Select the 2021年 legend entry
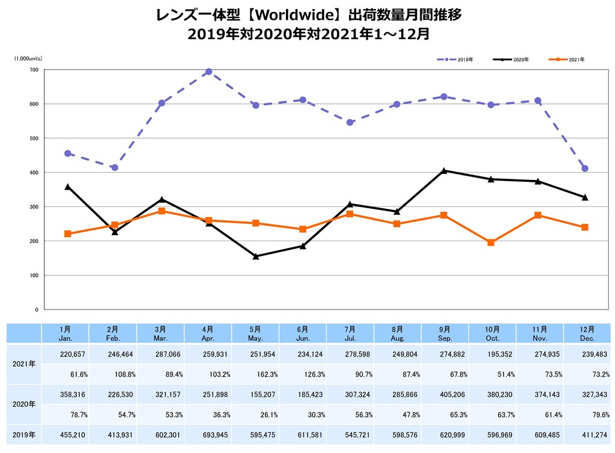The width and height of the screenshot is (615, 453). click(568, 60)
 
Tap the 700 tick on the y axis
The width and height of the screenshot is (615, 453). click(33, 70)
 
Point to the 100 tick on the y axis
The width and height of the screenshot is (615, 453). click(33, 275)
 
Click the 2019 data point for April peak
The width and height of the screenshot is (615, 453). click(208, 72)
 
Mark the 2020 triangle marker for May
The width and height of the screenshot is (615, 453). click(256, 256)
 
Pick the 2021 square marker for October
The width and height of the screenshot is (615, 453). click(491, 243)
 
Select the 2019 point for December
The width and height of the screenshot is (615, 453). click(585, 169)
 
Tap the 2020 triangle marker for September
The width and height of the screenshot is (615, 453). click(444, 171)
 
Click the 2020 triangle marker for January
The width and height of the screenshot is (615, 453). click(67, 187)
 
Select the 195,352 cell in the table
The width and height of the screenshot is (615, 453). click(492, 355)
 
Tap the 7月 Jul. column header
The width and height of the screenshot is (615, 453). click(350, 333)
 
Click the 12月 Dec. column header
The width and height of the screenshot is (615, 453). click(587, 333)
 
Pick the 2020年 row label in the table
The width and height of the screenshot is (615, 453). click(24, 404)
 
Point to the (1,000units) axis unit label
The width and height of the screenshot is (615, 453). click(28, 58)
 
